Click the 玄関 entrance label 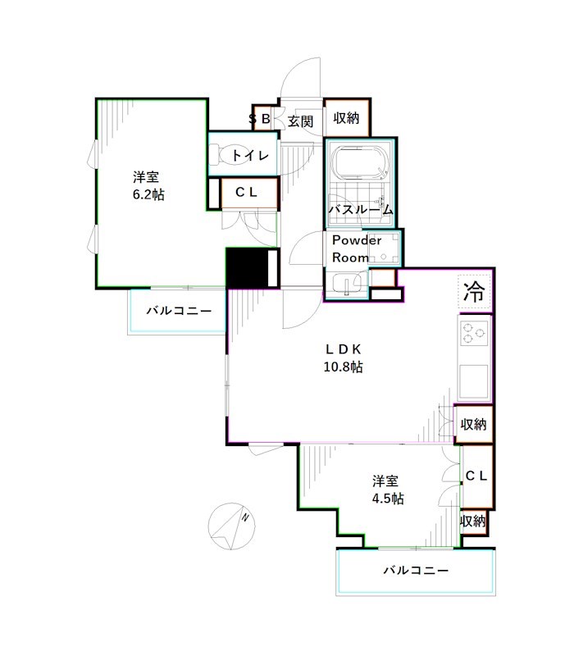301,121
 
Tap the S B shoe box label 260,120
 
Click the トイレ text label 249,155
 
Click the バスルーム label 361,210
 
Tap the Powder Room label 357,248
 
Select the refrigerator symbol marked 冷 473,290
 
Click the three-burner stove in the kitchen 474,335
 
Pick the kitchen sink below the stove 474,379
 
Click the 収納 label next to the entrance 346,118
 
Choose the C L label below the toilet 247,194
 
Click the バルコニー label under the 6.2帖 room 179,312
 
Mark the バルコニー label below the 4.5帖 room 416,571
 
